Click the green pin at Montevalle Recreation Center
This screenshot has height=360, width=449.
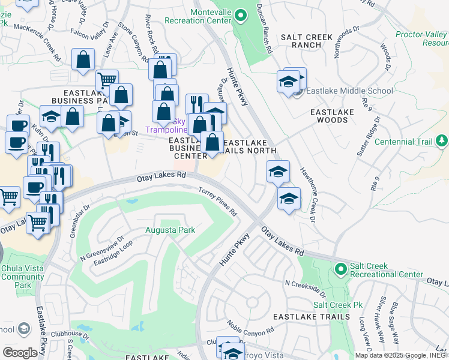pos(240,16)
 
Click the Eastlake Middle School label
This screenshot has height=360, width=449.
pos(349,91)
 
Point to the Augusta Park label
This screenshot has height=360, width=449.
pos(170,230)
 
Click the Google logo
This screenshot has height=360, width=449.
pos(20,352)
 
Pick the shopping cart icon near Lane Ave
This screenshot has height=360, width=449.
pos(107,80)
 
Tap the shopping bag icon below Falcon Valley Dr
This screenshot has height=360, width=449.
pos(83,59)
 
